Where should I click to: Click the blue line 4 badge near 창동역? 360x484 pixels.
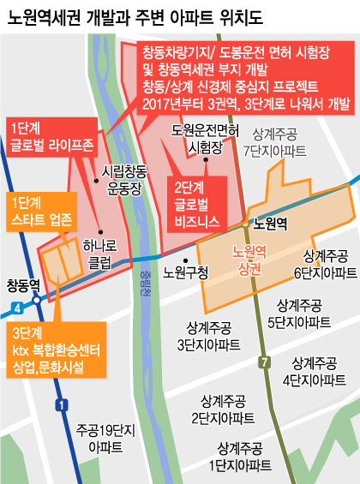19,305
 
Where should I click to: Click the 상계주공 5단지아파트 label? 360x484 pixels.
299,313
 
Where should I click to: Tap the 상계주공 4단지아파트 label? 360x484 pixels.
321,369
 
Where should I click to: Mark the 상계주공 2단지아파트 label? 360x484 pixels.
223,409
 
